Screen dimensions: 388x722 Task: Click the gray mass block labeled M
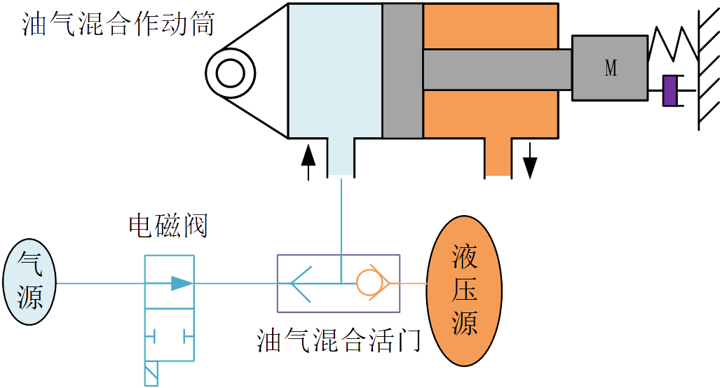[610, 68]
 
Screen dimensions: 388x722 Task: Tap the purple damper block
[670, 90]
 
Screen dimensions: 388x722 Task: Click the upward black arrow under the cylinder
[307, 160]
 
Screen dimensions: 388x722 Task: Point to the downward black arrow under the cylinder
[530, 159]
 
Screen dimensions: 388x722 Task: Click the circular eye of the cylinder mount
[229, 71]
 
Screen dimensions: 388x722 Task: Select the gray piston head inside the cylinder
[402, 70]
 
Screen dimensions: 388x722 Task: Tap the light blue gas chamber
[334, 70]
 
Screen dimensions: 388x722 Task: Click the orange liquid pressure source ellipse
[464, 289]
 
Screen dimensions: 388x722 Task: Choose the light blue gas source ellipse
[30, 283]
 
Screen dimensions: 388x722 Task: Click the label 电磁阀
[168, 226]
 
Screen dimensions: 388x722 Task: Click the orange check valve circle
[367, 283]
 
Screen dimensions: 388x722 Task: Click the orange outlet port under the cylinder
[498, 157]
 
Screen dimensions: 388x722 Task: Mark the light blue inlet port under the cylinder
[341, 157]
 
